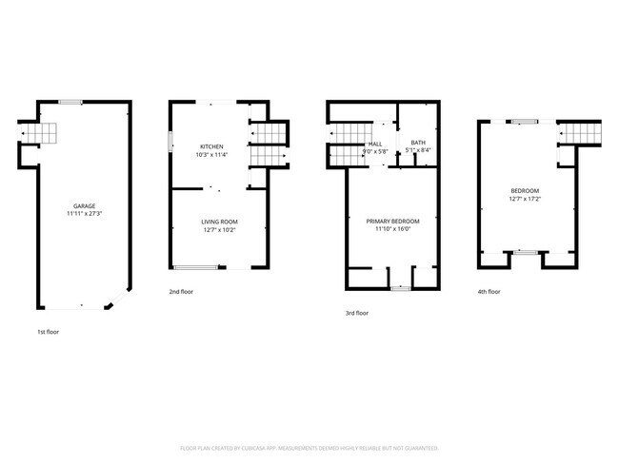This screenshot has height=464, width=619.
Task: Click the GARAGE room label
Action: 84,206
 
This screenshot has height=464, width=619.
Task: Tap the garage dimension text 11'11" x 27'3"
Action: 84,214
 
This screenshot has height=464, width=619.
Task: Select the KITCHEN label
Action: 211,145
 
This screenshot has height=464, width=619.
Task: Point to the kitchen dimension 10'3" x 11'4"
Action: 211,154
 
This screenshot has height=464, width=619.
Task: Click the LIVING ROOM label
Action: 219,222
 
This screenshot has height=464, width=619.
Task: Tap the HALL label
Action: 375,143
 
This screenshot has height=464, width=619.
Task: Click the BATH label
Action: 418,142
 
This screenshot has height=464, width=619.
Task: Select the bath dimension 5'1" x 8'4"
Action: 418,150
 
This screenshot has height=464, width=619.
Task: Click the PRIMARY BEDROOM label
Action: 392,221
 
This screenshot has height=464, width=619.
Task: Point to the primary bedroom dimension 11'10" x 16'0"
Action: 392,229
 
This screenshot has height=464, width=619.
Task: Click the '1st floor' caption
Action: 50,332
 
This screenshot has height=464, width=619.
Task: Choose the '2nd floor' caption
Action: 181,292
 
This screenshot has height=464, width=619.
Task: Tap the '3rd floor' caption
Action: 357,313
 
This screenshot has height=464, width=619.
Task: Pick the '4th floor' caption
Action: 489,292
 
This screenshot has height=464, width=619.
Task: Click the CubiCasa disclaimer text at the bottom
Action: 309,448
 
